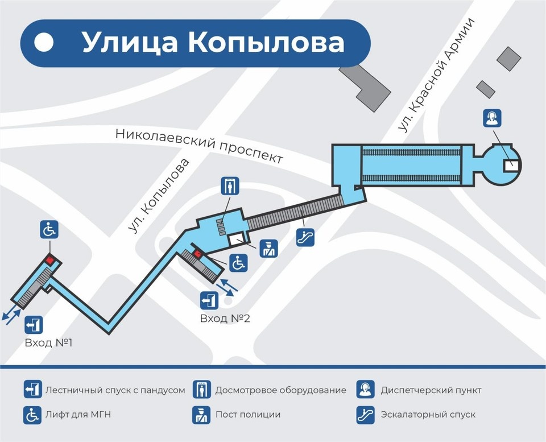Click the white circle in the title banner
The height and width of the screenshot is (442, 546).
[44, 43]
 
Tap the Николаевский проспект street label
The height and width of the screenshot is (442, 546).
[199, 144]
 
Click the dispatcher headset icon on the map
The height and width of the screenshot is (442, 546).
[492, 118]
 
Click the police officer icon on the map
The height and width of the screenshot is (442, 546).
[268, 249]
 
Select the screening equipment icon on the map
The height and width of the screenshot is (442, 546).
[230, 186]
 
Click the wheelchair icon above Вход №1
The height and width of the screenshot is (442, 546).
[49, 230]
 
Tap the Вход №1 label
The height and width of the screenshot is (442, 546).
[48, 344]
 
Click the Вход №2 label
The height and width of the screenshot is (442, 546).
[225, 319]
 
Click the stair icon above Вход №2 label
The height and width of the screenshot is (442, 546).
[208, 300]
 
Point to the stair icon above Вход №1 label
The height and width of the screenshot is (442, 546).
[34, 325]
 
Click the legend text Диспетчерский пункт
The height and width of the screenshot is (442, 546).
[431, 390]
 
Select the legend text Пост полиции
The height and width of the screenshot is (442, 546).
[247, 415]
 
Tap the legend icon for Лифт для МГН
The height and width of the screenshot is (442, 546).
[32, 415]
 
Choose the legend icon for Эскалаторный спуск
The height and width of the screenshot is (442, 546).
[365, 415]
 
